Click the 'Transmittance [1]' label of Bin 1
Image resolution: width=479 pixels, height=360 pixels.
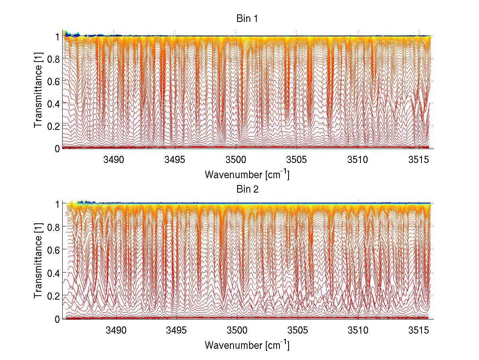click(38, 92)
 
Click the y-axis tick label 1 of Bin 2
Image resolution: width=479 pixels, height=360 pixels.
click(57, 204)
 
